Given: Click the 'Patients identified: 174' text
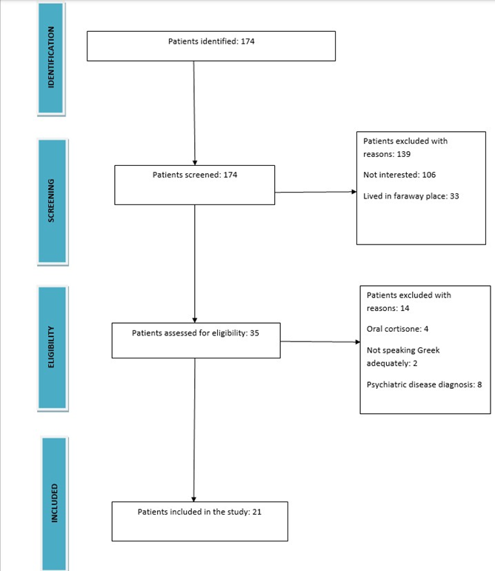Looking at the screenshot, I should [x=211, y=41].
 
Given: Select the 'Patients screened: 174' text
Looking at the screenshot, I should [x=195, y=175].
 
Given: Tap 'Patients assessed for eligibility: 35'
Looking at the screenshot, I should [x=195, y=333].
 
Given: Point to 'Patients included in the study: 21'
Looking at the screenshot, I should [x=199, y=512].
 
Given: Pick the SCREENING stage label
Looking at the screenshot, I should [x=51, y=201].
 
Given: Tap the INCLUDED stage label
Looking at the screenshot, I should [x=53, y=504].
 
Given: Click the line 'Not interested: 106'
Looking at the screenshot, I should [x=399, y=175].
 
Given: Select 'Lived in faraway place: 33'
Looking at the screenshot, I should [x=411, y=196].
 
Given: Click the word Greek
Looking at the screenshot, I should [x=427, y=350].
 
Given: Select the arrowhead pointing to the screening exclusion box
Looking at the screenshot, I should [x=353, y=193].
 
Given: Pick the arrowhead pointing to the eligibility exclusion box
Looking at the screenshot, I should [x=356, y=342].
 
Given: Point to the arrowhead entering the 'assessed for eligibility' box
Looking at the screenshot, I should [x=194, y=319].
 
